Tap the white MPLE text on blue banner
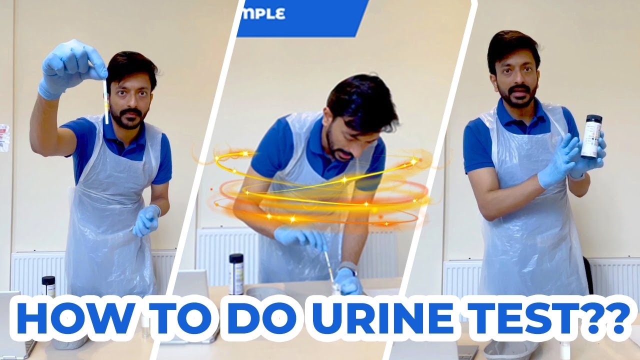click(262, 13)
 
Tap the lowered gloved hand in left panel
click(146, 220)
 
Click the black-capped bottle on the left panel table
click(48, 286)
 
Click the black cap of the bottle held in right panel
click(593, 119)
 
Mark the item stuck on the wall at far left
click(4, 137)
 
